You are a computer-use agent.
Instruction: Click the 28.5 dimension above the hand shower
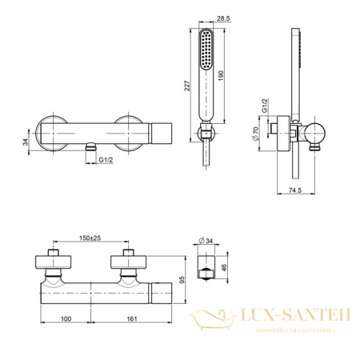[223, 18]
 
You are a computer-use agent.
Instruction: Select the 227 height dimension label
[187, 86]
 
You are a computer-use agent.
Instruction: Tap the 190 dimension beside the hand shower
[221, 76]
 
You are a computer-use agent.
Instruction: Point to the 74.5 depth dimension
[295, 190]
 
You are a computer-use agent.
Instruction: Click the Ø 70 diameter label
[255, 134]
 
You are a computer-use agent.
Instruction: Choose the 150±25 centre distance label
[90, 238]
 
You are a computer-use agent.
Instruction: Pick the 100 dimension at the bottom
[66, 318]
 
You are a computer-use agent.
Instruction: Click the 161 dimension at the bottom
[131, 318]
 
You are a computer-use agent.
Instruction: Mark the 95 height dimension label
[182, 280]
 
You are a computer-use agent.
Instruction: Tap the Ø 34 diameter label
[206, 241]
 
